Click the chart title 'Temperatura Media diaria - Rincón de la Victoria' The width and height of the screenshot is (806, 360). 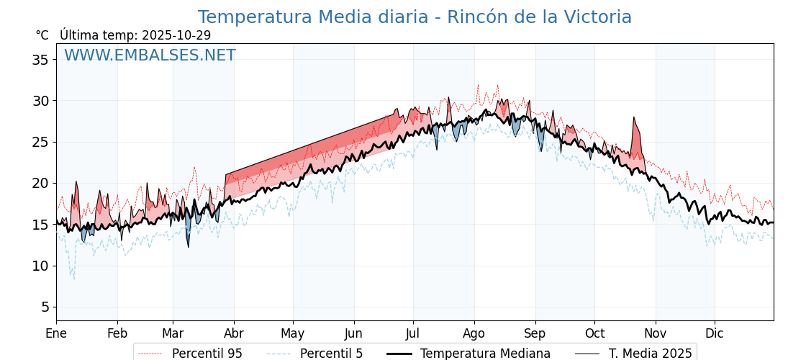tap(415, 17)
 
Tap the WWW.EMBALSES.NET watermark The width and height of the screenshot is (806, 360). tap(150, 55)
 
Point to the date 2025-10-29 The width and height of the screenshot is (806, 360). tap(176, 35)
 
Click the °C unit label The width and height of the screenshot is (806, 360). tap(42, 35)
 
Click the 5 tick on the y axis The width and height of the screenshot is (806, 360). tap(45, 307)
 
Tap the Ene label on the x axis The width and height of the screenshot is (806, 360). tap(56, 333)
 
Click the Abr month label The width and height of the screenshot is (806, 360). tap(233, 333)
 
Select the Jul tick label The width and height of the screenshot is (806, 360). tap(413, 333)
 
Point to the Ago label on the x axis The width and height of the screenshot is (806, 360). tap(474, 333)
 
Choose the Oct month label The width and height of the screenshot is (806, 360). tap(594, 333)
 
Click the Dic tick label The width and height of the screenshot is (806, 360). tap(715, 333)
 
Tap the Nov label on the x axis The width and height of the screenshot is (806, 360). tap(656, 333)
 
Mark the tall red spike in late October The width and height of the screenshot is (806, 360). tap(635, 133)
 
